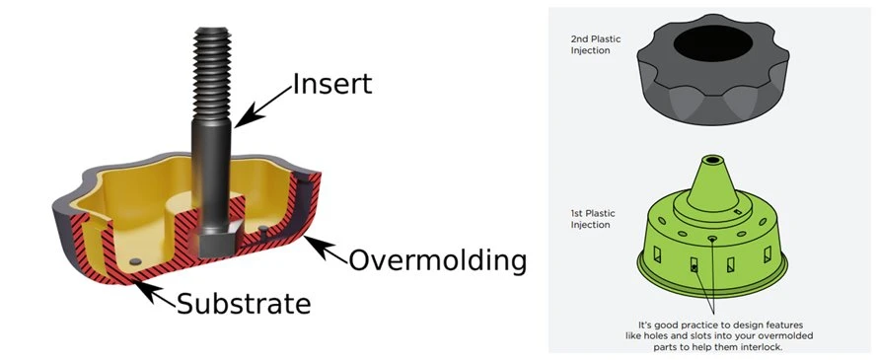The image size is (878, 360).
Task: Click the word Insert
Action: pyautogui.click(x=332, y=84)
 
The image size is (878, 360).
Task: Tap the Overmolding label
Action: pyautogui.click(x=438, y=260)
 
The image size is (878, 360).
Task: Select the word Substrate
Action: pyautogui.click(x=244, y=304)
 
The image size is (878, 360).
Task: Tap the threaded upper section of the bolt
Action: pyautogui.click(x=212, y=73)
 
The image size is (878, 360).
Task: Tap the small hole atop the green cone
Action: pyautogui.click(x=711, y=160)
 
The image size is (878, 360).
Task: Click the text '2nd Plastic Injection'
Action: pyautogui.click(x=589, y=44)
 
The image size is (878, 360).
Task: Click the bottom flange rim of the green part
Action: pyautogui.click(x=712, y=287)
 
